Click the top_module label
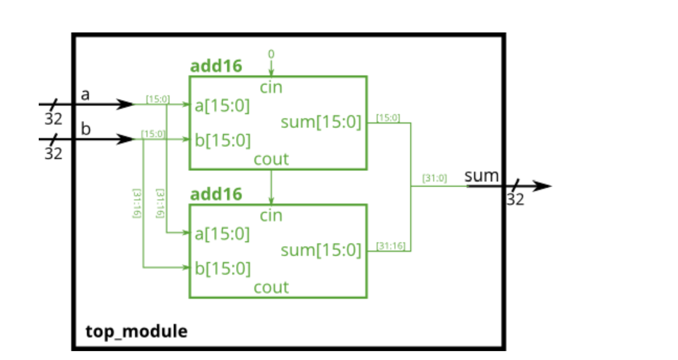pyautogui.click(x=137, y=331)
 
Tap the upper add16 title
pyautogui.click(x=216, y=66)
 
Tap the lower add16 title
pyautogui.click(x=216, y=194)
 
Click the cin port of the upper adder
pyautogui.click(x=271, y=87)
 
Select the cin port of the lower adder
pyautogui.click(x=271, y=215)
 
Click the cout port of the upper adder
pyautogui.click(x=271, y=159)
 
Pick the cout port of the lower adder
pyautogui.click(x=271, y=287)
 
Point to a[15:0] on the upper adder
pyautogui.click(x=222, y=106)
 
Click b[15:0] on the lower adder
pyautogui.click(x=222, y=268)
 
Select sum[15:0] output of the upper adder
pyautogui.click(x=321, y=122)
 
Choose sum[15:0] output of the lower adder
pyautogui.click(x=321, y=250)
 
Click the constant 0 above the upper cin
pyautogui.click(x=271, y=54)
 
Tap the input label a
pyautogui.click(x=86, y=95)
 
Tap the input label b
pyautogui.click(x=86, y=129)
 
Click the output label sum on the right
pyautogui.click(x=481, y=176)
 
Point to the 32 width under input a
pyautogui.click(x=53, y=119)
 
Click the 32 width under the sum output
pyautogui.click(x=515, y=200)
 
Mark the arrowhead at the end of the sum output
pyautogui.click(x=543, y=186)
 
